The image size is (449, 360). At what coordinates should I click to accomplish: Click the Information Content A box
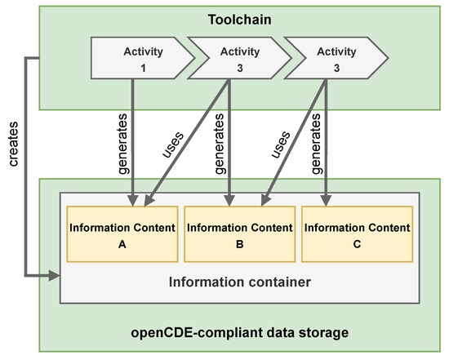[122, 234]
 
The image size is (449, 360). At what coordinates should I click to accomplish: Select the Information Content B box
[239, 234]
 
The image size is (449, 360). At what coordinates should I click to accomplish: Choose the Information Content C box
[357, 234]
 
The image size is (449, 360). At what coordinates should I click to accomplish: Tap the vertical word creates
[14, 148]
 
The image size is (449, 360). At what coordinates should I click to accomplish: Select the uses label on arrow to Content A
[174, 144]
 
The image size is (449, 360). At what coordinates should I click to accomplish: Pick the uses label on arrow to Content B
[278, 144]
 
